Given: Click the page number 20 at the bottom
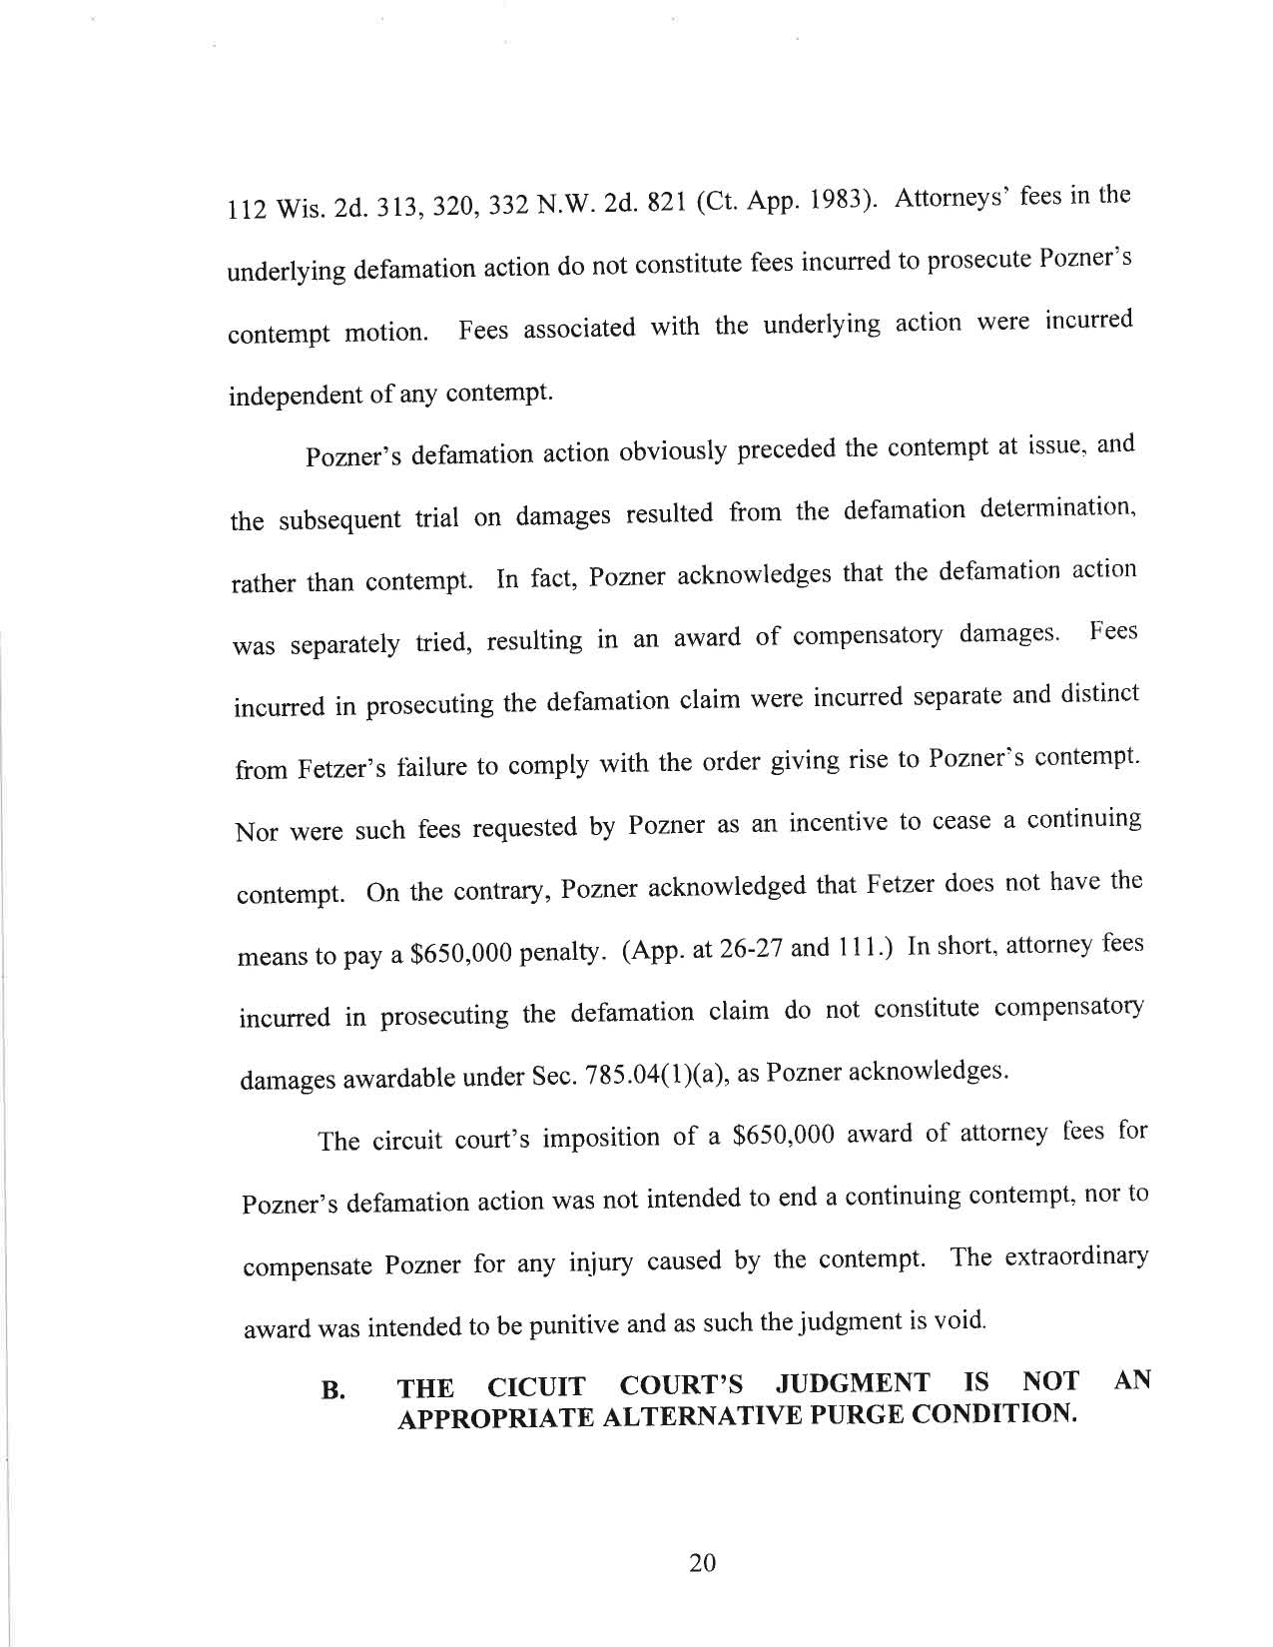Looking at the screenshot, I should (703, 1563).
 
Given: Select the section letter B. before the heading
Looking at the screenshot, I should (333, 1390).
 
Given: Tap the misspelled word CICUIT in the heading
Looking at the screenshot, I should (536, 1387).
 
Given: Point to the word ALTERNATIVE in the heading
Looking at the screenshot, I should (703, 1417).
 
